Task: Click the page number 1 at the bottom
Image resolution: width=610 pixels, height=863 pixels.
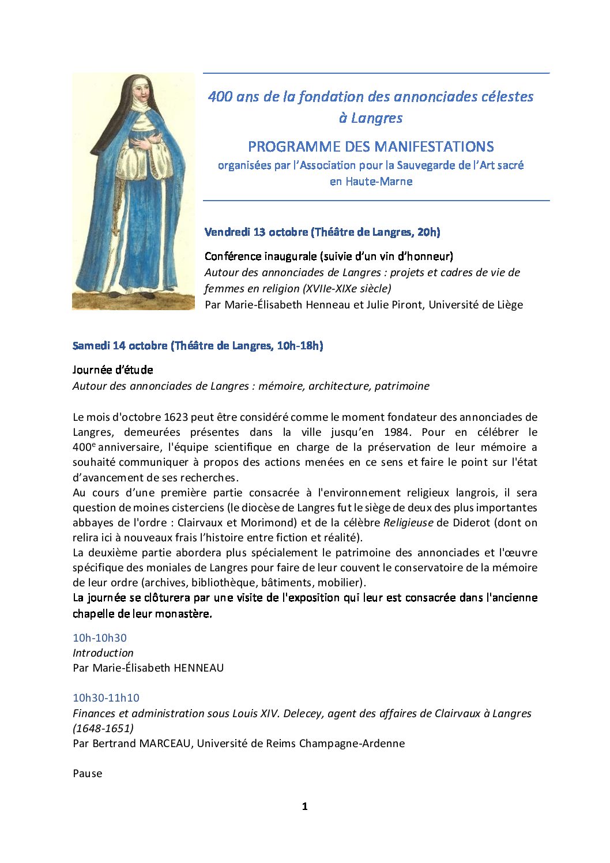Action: pyautogui.click(x=304, y=806)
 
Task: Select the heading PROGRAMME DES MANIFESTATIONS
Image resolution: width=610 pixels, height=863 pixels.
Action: pyautogui.click(x=371, y=146)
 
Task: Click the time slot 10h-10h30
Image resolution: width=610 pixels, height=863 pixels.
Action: pyautogui.click(x=100, y=638)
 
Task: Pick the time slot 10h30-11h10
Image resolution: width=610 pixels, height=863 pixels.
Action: pyautogui.click(x=106, y=698)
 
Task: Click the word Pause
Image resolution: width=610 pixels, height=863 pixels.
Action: pyautogui.click(x=88, y=773)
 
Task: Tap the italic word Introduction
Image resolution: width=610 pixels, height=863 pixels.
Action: pyautogui.click(x=103, y=653)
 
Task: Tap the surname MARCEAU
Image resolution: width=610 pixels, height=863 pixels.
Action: pyautogui.click(x=165, y=743)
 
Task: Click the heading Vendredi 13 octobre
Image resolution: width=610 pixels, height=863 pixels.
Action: pyautogui.click(x=257, y=232)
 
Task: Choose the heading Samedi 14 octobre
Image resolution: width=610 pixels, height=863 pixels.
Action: pyautogui.click(x=121, y=345)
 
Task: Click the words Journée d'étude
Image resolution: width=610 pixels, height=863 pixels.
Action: pyautogui.click(x=113, y=370)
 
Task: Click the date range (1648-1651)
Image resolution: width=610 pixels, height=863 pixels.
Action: pyautogui.click(x=103, y=728)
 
